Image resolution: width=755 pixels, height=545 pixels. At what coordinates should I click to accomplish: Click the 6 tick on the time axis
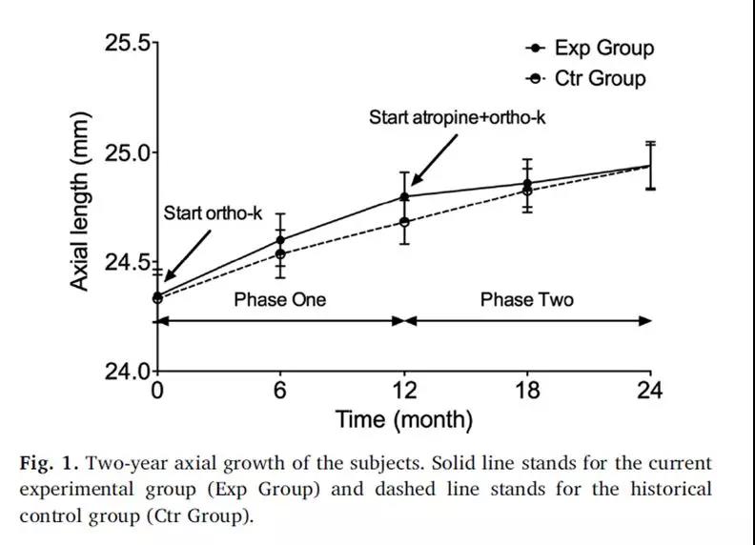[x=280, y=391]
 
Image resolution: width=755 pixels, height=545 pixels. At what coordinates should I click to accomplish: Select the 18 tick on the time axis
[x=527, y=391]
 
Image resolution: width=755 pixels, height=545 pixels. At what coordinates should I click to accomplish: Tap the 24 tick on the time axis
[x=650, y=391]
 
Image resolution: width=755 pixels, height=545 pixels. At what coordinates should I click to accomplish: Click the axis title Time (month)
[x=403, y=419]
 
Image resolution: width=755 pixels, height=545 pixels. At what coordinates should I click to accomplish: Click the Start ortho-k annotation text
[x=213, y=213]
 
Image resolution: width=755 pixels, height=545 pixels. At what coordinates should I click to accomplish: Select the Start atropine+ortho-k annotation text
[x=457, y=118]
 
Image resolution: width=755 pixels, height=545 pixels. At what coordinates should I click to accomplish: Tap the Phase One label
[x=279, y=300]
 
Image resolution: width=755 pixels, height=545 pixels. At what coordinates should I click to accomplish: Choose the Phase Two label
[x=526, y=300]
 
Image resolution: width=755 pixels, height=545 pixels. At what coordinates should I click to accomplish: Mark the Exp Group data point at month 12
[x=404, y=197]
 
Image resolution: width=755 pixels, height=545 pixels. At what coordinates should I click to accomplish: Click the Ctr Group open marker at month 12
[x=404, y=222]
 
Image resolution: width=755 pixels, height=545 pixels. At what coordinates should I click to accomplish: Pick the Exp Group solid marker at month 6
[x=280, y=240]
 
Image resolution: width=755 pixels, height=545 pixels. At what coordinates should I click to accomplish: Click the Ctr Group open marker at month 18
[x=527, y=191]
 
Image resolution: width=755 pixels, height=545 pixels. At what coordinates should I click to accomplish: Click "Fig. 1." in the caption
[x=48, y=464]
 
